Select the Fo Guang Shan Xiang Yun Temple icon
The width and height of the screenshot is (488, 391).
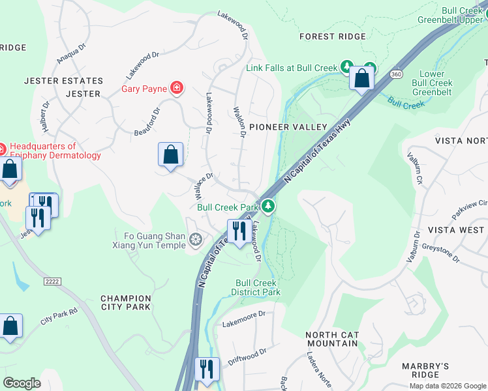tap(195, 240)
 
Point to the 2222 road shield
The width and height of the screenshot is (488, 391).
tap(52, 281)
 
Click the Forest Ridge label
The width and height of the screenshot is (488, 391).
tap(333, 36)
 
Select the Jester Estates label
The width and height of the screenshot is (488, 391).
tap(63, 81)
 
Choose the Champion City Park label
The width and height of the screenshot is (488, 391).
tap(125, 302)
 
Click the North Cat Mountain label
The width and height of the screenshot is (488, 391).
tap(332, 339)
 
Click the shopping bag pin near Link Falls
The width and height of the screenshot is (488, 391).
tap(361, 78)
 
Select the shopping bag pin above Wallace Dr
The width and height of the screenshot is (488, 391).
tap(170, 155)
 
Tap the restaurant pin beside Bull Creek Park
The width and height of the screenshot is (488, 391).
tap(239, 231)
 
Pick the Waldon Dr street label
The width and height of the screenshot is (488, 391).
tap(239, 123)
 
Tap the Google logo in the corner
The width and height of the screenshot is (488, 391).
tap(22, 383)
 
